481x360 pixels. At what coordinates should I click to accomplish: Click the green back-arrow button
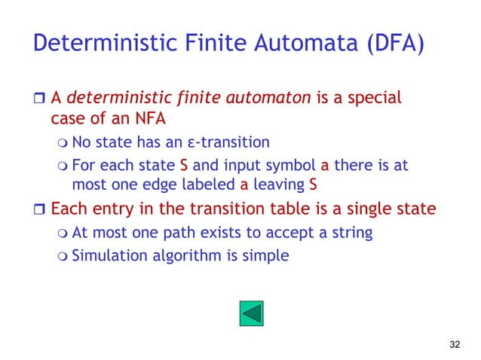click(252, 313)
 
